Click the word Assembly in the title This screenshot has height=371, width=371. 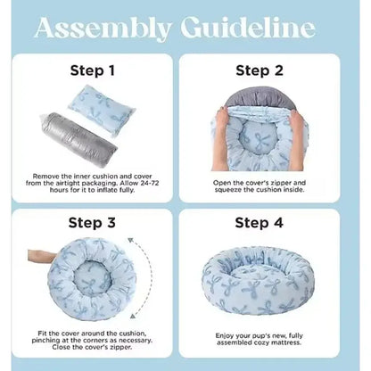[103, 29]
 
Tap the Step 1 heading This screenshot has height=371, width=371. [93, 70]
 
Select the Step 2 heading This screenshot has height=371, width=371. [260, 70]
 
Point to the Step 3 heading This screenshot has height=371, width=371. [92, 223]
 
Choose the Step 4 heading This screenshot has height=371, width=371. [259, 223]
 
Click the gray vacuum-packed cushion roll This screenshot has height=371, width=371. [79, 140]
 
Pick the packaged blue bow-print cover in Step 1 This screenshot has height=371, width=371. [102, 109]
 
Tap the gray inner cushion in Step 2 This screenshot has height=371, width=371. [260, 98]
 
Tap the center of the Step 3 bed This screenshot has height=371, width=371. [92, 278]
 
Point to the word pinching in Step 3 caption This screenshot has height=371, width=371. [45, 340]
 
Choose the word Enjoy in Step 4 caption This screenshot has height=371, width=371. [225, 336]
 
